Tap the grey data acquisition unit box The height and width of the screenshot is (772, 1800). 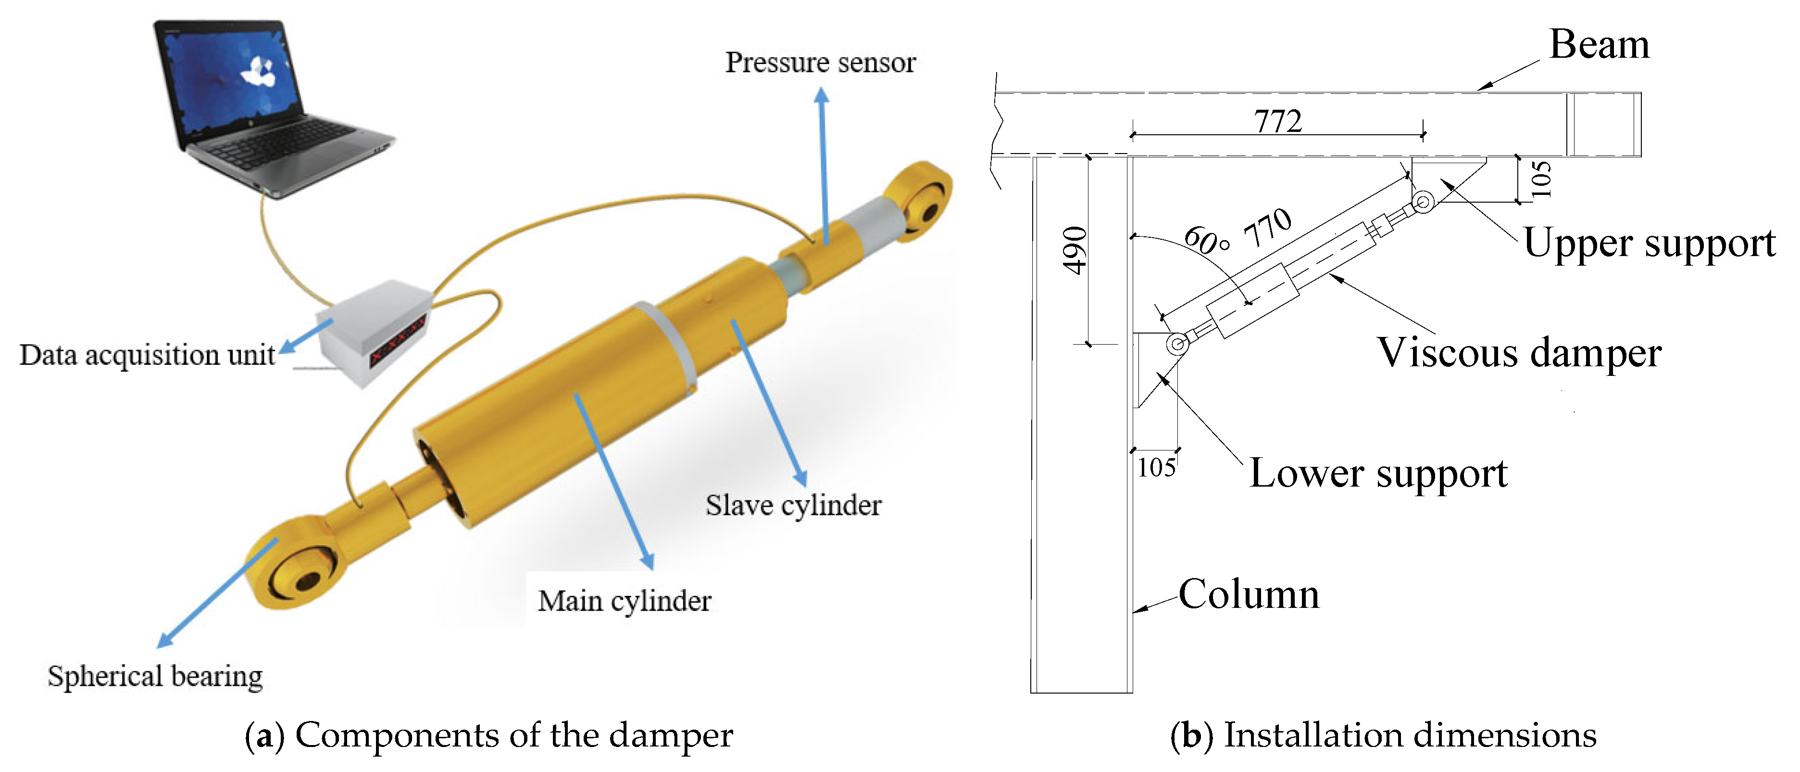point(374,332)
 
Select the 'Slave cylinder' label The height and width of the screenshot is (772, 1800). point(793,505)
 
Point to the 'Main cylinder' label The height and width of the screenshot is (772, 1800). point(624,601)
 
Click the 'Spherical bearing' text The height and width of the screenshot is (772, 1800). point(155,676)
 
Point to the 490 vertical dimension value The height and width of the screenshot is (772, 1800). point(1075,250)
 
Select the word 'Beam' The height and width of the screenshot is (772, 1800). point(1599,45)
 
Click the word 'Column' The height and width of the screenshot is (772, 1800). point(1249,594)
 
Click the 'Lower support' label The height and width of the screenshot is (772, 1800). point(1378,474)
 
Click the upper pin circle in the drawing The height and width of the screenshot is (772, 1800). point(1423,203)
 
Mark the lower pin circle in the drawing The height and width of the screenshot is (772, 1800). point(1177,344)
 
